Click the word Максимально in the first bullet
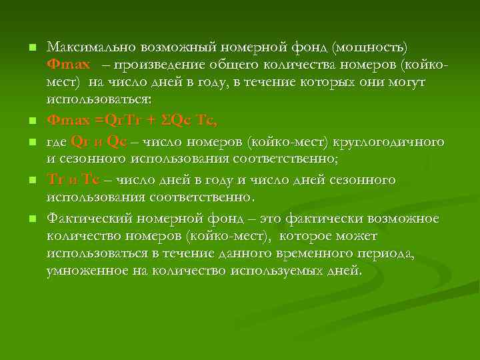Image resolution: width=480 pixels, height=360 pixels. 89,47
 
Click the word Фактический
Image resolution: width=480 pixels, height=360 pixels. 89,219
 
